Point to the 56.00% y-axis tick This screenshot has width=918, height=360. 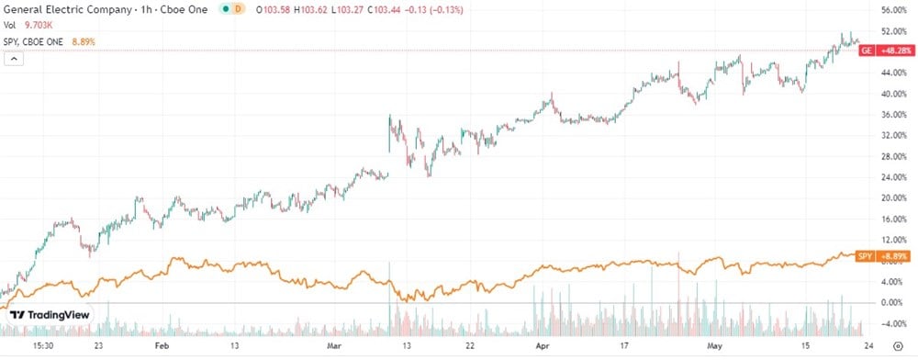coord(894,10)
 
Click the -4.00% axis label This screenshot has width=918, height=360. coord(895,323)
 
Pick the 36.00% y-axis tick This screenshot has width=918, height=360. coord(894,114)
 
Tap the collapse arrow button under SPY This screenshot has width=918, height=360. coord(14,58)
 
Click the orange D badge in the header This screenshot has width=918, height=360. coord(238,9)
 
